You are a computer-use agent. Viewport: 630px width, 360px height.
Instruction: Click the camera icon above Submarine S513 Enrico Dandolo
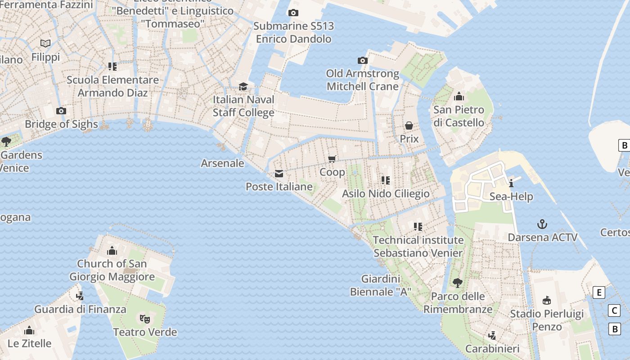tap(293, 13)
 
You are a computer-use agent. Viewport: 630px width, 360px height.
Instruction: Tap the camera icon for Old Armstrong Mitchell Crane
tap(362, 60)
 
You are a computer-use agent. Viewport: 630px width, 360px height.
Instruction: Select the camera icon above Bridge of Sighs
tap(61, 111)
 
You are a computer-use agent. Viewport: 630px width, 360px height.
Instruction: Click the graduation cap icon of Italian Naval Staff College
tap(243, 86)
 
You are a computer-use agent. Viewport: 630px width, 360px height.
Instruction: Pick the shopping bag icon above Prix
tap(409, 126)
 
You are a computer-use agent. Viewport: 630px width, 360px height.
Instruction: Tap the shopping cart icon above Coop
tap(332, 159)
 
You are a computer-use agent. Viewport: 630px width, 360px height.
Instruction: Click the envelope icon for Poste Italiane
tap(279, 174)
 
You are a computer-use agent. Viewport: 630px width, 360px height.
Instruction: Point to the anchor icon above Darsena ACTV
tap(542, 224)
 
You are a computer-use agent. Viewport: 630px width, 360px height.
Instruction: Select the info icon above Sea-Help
tap(511, 183)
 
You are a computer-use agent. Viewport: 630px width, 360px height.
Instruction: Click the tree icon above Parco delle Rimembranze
tap(458, 283)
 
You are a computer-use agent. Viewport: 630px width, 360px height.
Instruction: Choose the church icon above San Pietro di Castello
tap(459, 96)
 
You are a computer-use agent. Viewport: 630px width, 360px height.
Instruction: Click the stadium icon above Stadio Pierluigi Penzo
tap(547, 300)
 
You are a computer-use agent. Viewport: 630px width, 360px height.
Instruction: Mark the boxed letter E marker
tap(599, 292)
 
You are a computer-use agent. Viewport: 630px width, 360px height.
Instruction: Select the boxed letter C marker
tap(614, 310)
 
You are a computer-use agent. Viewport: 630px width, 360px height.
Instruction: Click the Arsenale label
tap(222, 163)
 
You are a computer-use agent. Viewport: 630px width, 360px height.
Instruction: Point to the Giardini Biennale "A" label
tap(380, 285)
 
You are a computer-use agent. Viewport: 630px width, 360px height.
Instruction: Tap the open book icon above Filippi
tap(45, 43)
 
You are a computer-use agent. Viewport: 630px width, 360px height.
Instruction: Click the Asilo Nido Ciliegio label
tap(386, 193)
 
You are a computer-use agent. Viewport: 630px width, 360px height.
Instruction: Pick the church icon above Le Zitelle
tap(29, 330)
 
